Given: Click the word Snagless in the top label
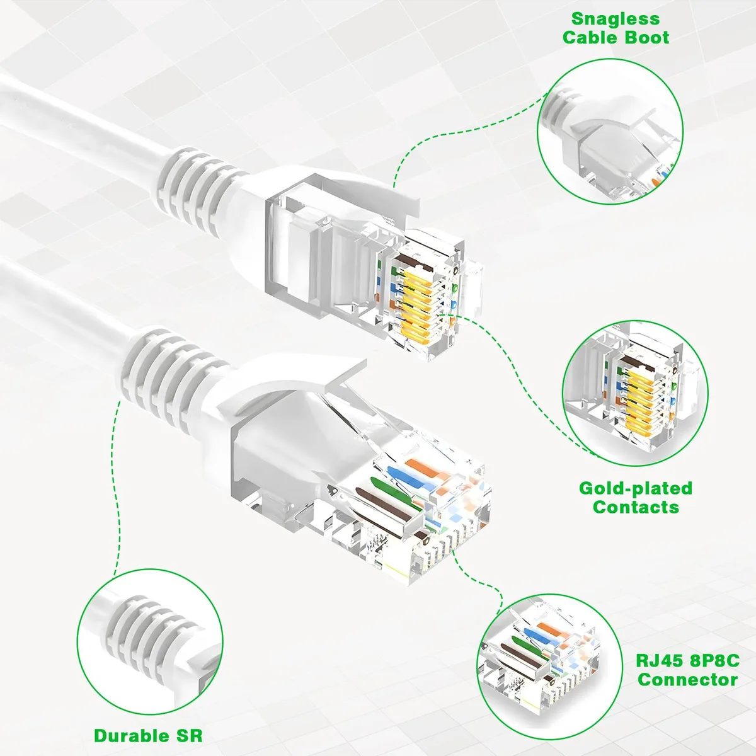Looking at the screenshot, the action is pos(616,19).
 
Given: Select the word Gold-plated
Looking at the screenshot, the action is pos(636,488).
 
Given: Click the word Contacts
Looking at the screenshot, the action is pos(636,507).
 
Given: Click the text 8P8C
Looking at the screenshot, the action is pos(715,661).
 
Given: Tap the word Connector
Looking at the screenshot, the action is pos(688,680).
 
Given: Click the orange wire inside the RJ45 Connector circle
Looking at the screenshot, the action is pos(553,639).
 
